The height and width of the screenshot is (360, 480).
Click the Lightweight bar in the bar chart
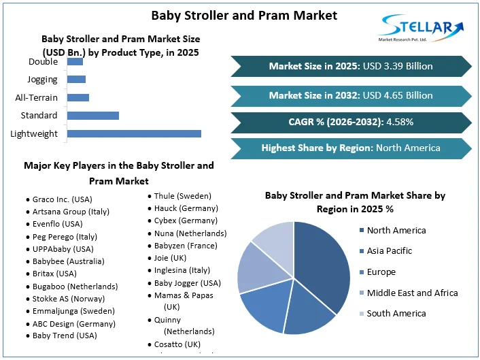click(134, 133)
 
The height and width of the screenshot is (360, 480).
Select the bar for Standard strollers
click(93, 116)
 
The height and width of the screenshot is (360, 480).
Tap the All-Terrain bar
click(78, 97)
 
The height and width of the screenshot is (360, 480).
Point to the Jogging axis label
click(43, 80)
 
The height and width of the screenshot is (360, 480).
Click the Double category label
click(43, 62)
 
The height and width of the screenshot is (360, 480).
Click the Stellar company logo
click(422, 29)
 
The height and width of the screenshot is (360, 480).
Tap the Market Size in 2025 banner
click(351, 66)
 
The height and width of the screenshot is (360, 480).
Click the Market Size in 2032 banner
click(351, 95)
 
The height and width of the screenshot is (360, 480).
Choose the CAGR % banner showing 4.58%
click(351, 122)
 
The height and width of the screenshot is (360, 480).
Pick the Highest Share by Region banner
click(351, 148)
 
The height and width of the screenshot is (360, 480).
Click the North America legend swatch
click(362, 231)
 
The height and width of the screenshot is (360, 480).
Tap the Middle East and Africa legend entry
click(411, 293)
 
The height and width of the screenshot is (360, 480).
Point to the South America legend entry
click(396, 313)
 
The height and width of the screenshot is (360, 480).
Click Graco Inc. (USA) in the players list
click(62, 199)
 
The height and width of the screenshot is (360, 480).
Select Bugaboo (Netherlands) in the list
click(75, 287)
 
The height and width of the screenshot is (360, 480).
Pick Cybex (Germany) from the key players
click(186, 220)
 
